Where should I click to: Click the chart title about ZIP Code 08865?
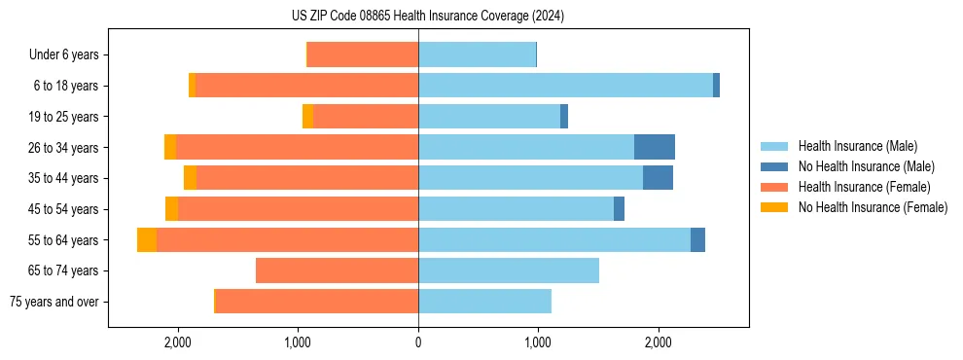(427, 16)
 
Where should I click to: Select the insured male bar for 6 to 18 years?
(565, 86)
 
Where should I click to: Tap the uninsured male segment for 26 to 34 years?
(654, 147)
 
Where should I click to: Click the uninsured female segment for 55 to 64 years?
(147, 239)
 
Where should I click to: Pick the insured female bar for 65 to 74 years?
(337, 270)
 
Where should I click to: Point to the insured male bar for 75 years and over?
(484, 302)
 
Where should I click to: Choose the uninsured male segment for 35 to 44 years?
(658, 178)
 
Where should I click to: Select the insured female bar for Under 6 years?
(363, 54)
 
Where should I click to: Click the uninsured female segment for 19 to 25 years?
(307, 117)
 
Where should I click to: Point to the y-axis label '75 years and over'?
(54, 302)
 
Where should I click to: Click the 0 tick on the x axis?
(418, 342)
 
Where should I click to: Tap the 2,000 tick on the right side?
(658, 342)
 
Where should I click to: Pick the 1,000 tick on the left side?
(298, 342)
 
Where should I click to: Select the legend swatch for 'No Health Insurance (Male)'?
(774, 166)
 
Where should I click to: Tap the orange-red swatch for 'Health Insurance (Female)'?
(774, 187)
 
